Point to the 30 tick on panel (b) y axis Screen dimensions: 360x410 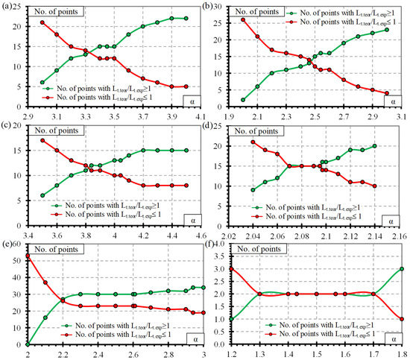(226, 6)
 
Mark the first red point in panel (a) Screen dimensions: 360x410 (42, 22)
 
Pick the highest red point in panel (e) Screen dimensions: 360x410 (28, 256)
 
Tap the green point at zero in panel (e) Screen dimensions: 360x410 (28, 344)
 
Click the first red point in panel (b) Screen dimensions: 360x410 (244, 20)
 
